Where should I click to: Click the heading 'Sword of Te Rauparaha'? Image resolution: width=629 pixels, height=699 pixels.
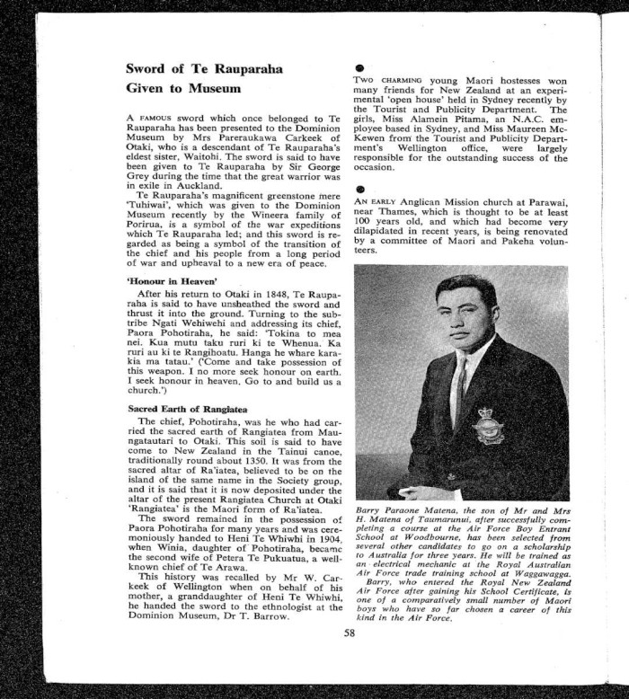(x=204, y=69)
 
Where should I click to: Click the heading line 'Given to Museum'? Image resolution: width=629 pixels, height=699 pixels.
(x=183, y=89)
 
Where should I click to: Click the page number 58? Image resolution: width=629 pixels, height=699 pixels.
(x=350, y=632)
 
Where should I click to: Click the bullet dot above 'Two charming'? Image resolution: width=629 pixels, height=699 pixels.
(x=359, y=67)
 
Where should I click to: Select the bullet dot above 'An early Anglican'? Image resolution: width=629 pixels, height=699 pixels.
(x=359, y=190)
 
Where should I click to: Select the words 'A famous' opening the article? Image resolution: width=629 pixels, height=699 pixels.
(x=149, y=119)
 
